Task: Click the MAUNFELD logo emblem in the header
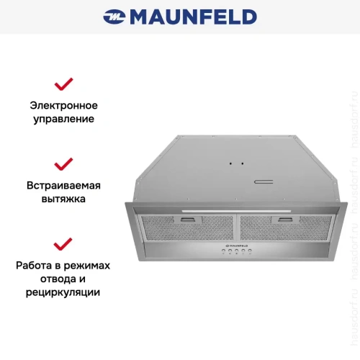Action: (x=114, y=17)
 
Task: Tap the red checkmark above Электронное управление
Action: (x=63, y=84)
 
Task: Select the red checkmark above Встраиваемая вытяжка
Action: (x=63, y=164)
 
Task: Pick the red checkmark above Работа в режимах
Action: (x=63, y=243)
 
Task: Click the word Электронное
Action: (x=63, y=104)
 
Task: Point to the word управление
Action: (x=63, y=118)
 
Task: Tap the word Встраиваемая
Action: (x=64, y=184)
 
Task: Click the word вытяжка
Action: (x=63, y=198)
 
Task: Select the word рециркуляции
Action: (x=63, y=292)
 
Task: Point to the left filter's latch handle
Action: (x=189, y=219)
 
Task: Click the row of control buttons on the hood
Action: (x=234, y=251)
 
